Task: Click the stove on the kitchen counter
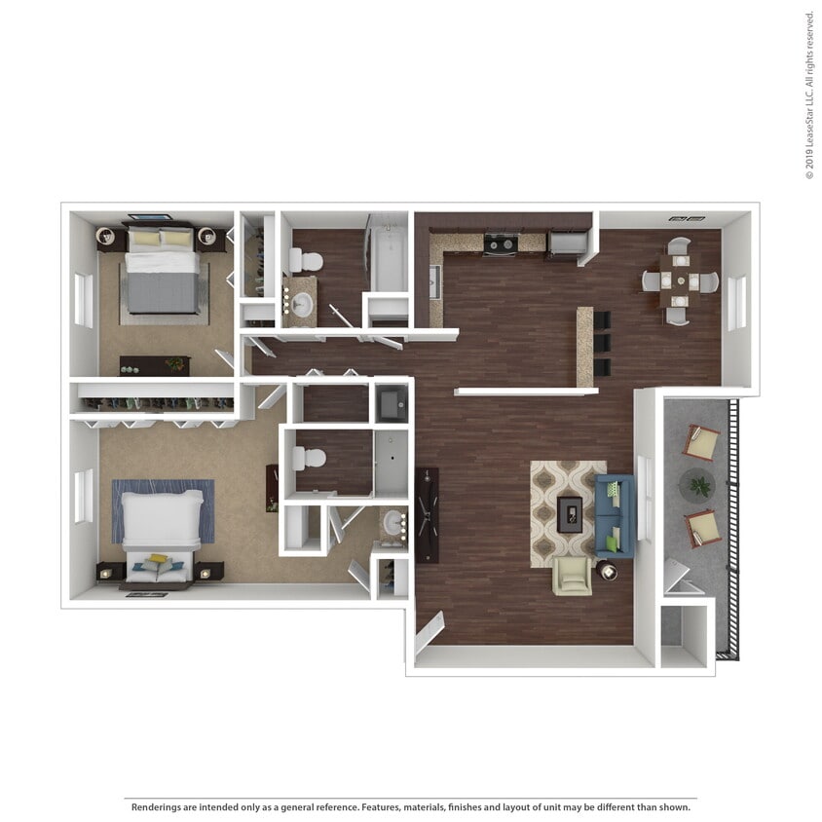[501, 244]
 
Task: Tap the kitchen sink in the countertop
[435, 280]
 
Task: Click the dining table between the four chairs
[679, 281]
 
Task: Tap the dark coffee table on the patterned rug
[569, 513]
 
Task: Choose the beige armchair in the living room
[572, 576]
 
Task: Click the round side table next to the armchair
[608, 571]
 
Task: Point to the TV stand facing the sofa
[427, 514]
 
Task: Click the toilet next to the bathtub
[306, 261]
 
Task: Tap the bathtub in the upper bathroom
[389, 260]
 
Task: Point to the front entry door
[429, 633]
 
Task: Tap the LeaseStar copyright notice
[809, 94]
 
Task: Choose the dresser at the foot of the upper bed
[155, 365]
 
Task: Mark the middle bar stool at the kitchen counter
[602, 343]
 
